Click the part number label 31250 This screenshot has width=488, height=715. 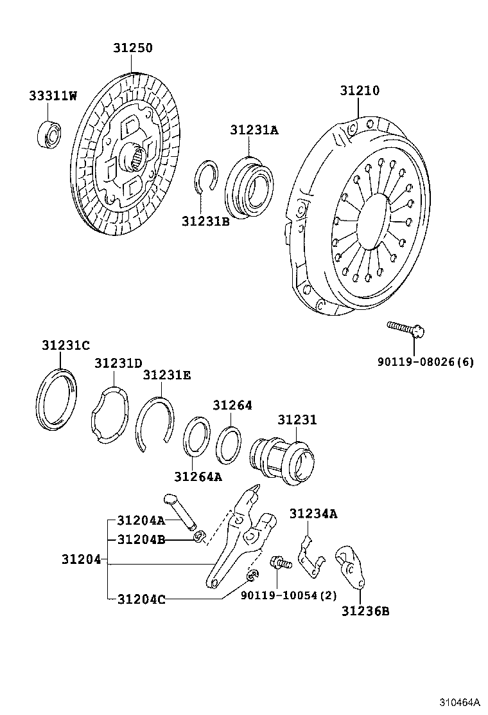tap(134, 48)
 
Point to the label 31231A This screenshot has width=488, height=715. tap(254, 130)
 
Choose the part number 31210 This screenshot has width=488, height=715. tap(360, 91)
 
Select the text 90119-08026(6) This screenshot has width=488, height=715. tap(426, 362)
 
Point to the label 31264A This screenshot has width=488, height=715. tap(198, 476)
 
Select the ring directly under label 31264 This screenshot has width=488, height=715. tap(228, 444)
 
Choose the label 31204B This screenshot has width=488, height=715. tap(141, 539)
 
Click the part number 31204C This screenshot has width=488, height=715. tap(141, 599)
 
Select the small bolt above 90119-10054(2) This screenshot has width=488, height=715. tap(281, 563)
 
